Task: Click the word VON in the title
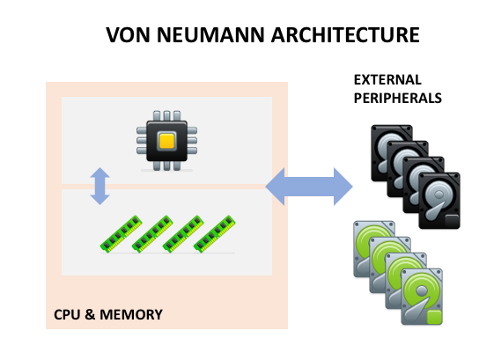(x=128, y=34)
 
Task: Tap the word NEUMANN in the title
(x=210, y=34)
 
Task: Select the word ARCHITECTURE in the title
(x=345, y=34)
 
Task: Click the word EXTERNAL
(x=387, y=80)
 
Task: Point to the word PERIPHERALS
(x=398, y=98)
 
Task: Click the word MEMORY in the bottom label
(x=131, y=314)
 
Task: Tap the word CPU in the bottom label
(x=67, y=314)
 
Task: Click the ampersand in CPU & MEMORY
(x=90, y=314)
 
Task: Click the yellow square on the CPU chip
(x=166, y=141)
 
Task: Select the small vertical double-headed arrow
(x=100, y=186)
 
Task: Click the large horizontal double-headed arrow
(x=309, y=187)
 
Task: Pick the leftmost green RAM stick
(x=121, y=234)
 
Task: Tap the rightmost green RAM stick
(x=214, y=234)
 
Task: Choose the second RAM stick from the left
(x=152, y=234)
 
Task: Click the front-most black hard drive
(x=439, y=201)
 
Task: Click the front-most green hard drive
(x=422, y=297)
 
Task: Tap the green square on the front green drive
(x=434, y=317)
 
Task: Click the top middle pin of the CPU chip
(x=166, y=115)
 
